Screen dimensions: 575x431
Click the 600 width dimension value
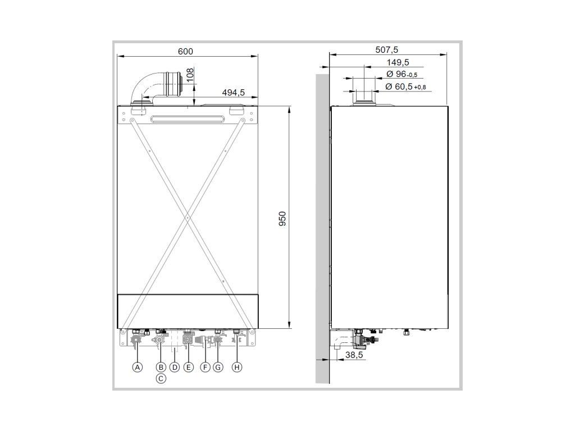tap(185, 51)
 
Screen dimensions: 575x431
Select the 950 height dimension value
tap(282, 219)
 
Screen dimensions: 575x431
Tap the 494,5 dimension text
tap(233, 93)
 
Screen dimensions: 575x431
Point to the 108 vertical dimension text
tap(190, 76)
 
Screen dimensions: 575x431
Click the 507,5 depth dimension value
tap(386, 50)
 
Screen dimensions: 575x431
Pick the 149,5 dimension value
tap(398, 63)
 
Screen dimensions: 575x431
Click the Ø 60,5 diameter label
tap(405, 87)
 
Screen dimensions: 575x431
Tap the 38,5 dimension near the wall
tap(354, 355)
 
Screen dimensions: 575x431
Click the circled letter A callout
tap(137, 367)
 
